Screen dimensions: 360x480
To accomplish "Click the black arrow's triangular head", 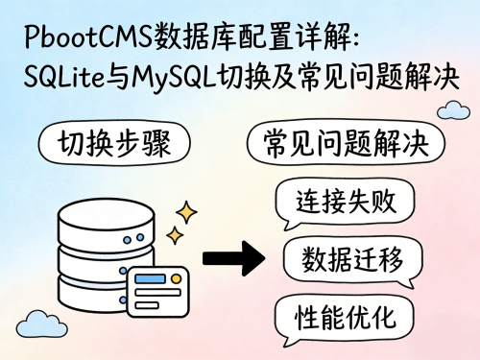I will click(x=252, y=257).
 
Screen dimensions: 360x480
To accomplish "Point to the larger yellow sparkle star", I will click(x=186, y=212).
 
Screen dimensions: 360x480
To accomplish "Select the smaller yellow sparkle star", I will click(x=175, y=234).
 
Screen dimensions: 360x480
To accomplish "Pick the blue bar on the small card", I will click(x=153, y=279).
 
